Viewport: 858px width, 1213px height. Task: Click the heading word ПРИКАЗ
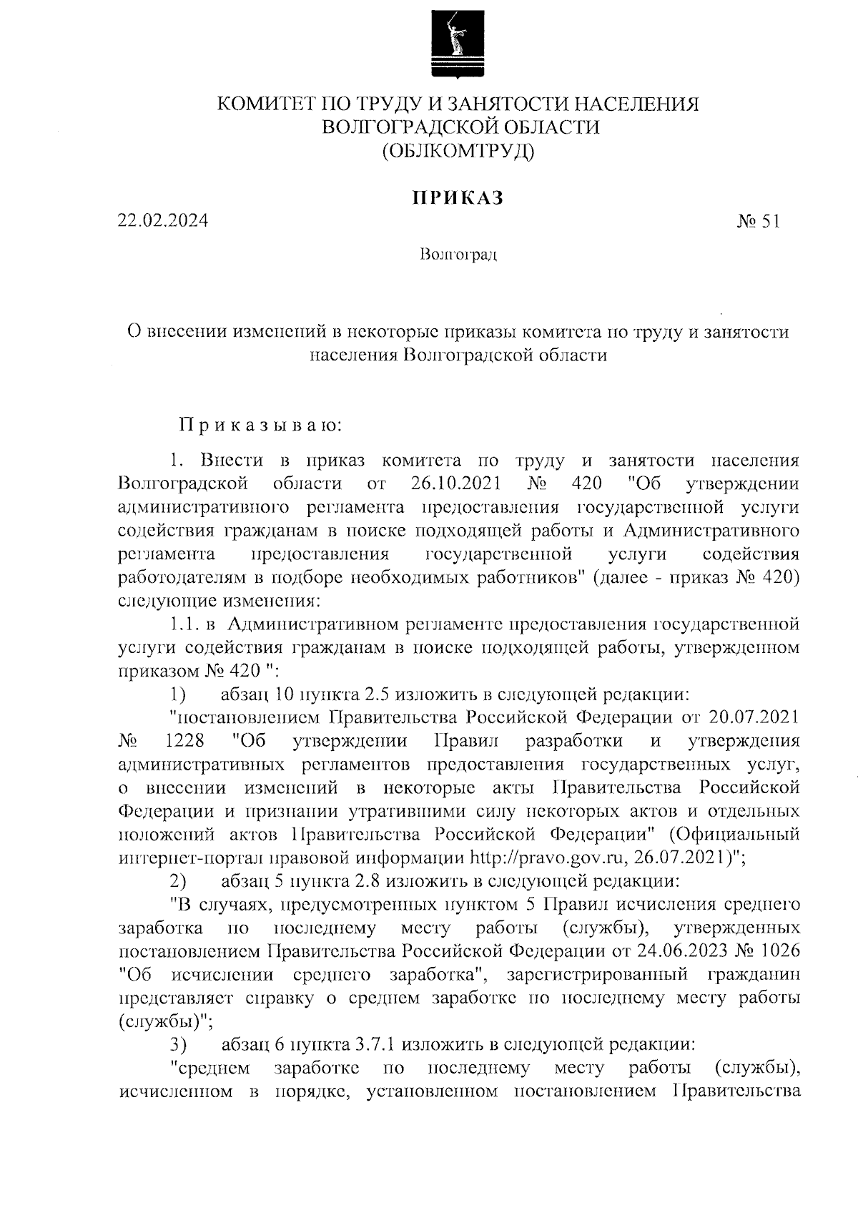(458, 198)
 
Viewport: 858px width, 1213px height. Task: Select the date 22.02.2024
(163, 221)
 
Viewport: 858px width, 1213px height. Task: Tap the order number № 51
(759, 221)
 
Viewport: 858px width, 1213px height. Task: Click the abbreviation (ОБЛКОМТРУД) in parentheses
(458, 151)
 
